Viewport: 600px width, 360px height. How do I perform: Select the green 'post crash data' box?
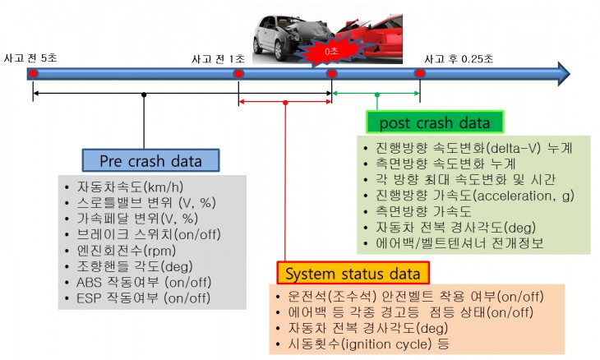click(434, 122)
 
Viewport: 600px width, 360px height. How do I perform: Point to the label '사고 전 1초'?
click(218, 58)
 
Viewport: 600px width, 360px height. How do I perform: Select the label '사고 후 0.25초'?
click(459, 58)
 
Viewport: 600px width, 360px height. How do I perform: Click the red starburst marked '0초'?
click(332, 51)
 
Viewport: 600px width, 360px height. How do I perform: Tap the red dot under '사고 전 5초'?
click(33, 74)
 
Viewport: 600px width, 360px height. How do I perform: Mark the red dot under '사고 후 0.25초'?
click(419, 74)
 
